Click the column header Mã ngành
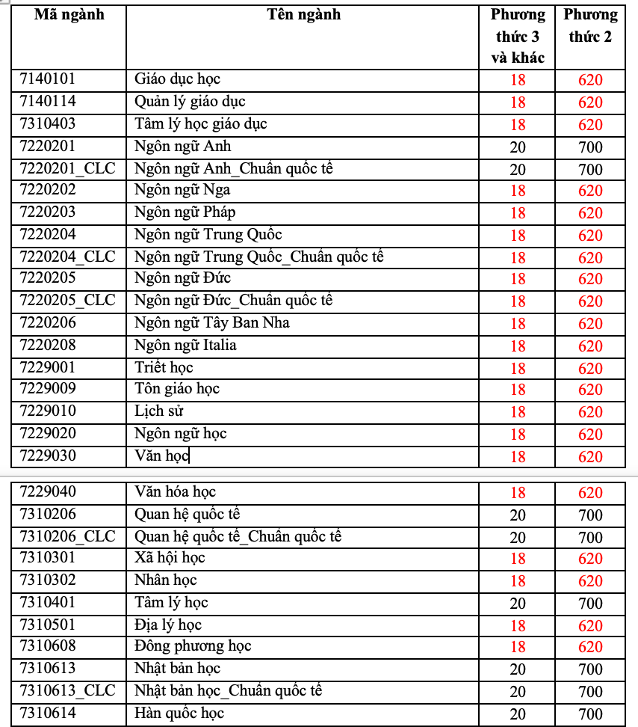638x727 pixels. pyautogui.click(x=69, y=15)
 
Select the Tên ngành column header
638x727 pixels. pyautogui.click(x=303, y=15)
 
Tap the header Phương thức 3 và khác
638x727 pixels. pyautogui.click(x=518, y=36)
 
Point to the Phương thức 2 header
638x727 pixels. pyautogui.click(x=590, y=25)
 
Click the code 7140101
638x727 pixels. pyautogui.click(x=48, y=79)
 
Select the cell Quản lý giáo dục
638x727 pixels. pyautogui.click(x=190, y=102)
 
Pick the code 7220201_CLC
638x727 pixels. pyautogui.click(x=67, y=168)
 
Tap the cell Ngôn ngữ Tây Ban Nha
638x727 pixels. pyautogui.click(x=212, y=323)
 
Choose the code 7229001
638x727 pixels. pyautogui.click(x=48, y=367)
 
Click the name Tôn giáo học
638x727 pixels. pyautogui.click(x=177, y=389)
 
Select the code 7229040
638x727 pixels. pyautogui.click(x=48, y=492)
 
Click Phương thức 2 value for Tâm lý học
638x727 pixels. pyautogui.click(x=590, y=603)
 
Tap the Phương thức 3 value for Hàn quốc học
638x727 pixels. pyautogui.click(x=518, y=714)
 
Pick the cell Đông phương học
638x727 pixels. pyautogui.click(x=193, y=646)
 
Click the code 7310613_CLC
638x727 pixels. pyautogui.click(x=67, y=690)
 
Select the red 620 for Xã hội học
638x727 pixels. pyautogui.click(x=590, y=559)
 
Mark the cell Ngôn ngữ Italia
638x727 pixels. pyautogui.click(x=185, y=346)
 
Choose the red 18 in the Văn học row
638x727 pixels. pyautogui.click(x=518, y=456)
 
